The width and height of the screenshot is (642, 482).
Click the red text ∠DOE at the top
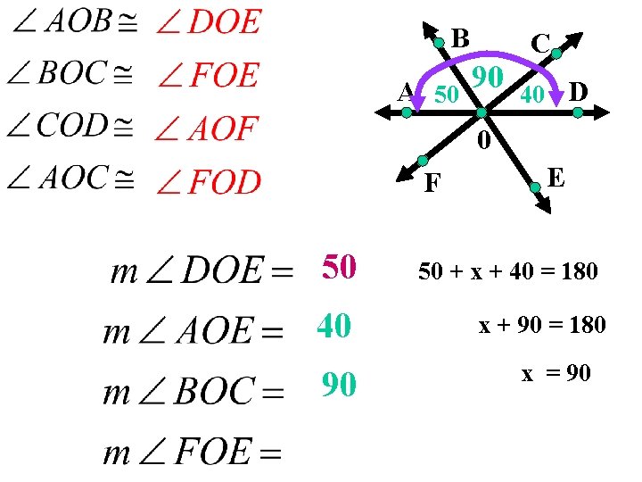208,21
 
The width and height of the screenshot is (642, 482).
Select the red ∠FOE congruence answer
208,75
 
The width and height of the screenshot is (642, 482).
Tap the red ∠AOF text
206,130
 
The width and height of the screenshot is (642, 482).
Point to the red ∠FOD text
208,183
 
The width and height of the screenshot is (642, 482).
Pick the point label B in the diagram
460,38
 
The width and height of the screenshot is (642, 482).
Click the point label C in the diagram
539,42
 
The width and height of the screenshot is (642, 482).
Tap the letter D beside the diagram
578,91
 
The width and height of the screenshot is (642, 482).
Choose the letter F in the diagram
432,184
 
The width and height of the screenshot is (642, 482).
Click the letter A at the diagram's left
406,91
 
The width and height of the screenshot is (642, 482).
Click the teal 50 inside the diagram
446,94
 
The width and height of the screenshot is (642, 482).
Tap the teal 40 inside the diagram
532,94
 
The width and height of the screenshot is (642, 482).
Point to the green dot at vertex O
481,113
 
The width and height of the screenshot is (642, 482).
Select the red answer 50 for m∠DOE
340,266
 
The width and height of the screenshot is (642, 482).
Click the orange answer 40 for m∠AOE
333,327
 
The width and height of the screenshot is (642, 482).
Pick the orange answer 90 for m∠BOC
340,385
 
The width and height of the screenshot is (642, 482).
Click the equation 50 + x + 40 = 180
508,271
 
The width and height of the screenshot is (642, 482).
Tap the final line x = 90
556,374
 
